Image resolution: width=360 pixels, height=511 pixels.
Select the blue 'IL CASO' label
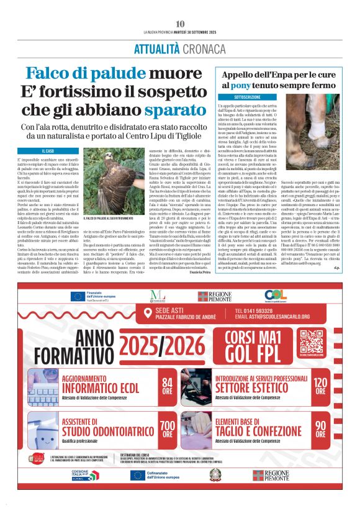coord(47,151)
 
